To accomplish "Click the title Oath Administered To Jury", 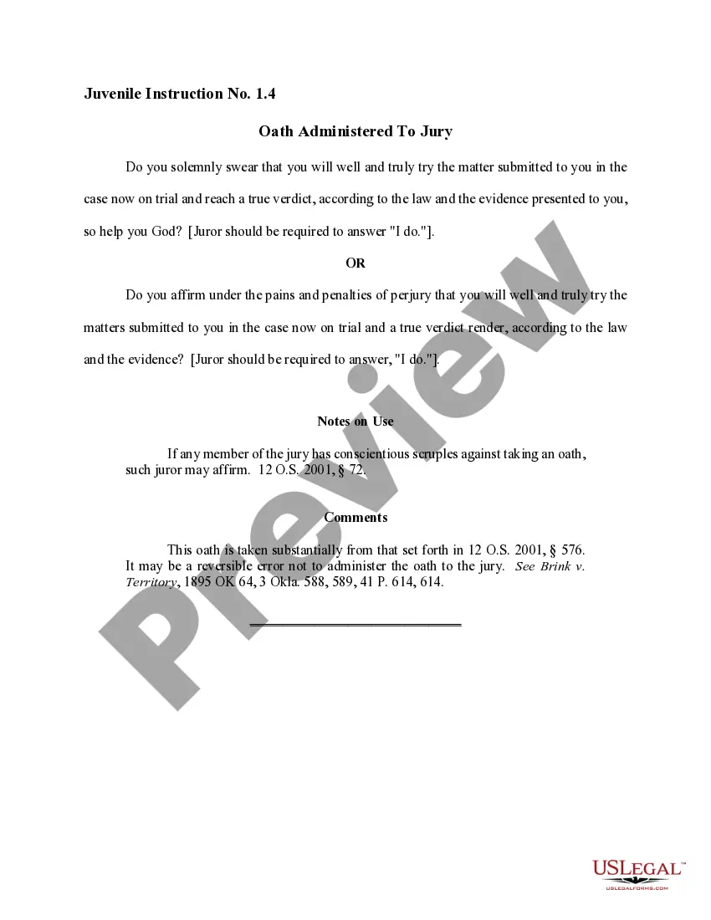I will point(355,131).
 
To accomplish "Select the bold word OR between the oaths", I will point(355,263).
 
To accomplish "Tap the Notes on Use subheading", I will point(355,422).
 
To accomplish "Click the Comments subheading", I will point(355,518).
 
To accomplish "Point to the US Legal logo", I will point(638,873).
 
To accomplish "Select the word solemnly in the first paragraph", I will point(195,167).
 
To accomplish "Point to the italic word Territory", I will point(151,582).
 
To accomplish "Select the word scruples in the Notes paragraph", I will point(440,454).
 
